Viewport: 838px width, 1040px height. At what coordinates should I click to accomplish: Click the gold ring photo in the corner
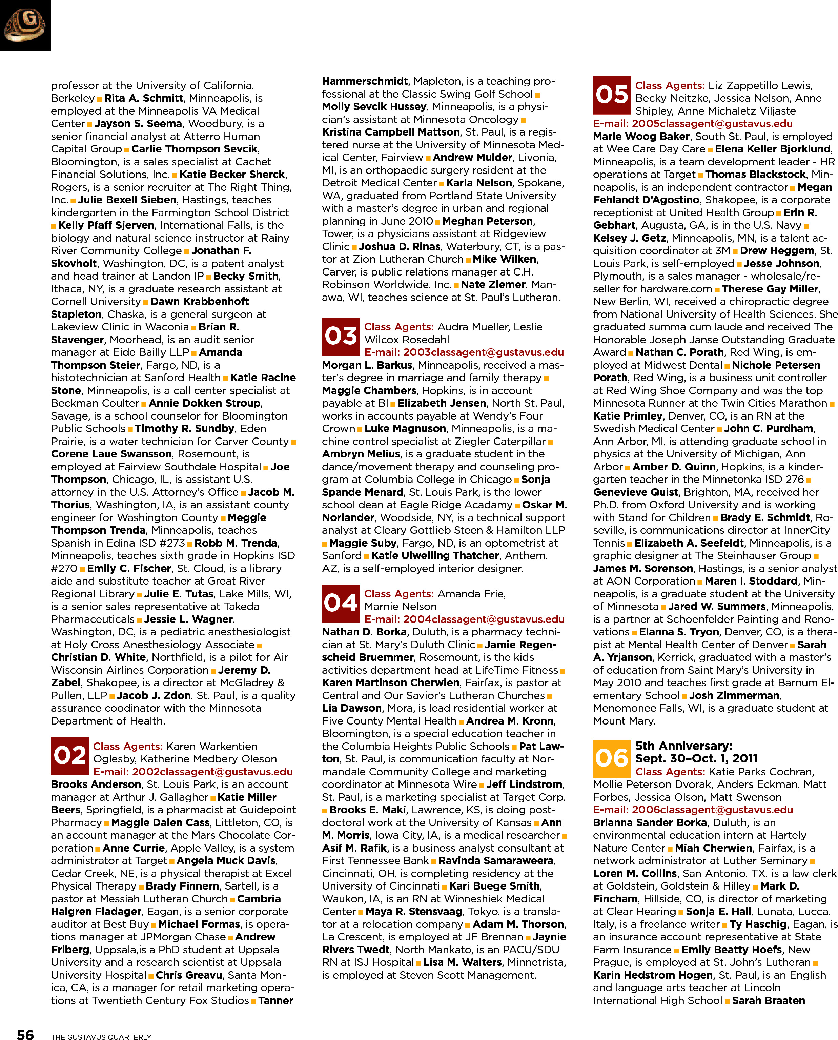tap(25, 25)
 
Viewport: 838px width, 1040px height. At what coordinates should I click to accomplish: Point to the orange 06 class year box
tap(612, 758)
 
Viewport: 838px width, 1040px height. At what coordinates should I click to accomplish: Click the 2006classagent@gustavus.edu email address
tap(713, 809)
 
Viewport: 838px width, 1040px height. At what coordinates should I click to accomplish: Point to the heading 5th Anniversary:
tap(683, 746)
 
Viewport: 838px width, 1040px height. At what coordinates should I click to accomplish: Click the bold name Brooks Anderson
tap(96, 784)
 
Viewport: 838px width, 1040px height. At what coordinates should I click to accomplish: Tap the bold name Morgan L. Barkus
tap(367, 365)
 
